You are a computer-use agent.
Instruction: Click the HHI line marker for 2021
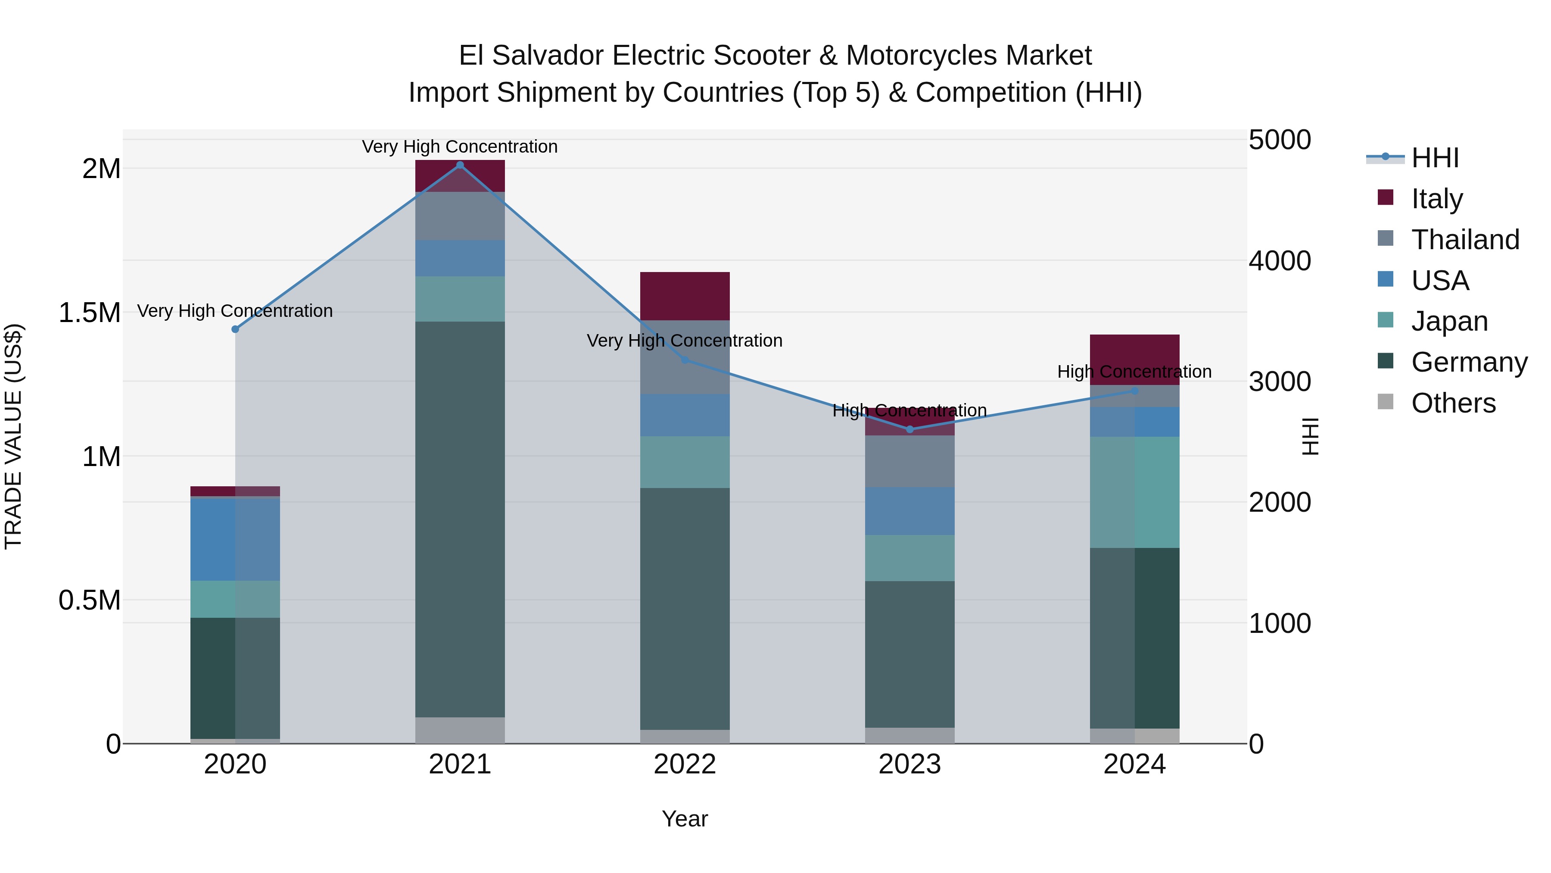click(460, 165)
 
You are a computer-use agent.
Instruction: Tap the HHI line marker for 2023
click(910, 429)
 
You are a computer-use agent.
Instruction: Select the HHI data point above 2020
click(235, 329)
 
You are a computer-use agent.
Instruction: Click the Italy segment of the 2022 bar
click(685, 296)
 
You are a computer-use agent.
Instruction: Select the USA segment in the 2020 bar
click(235, 539)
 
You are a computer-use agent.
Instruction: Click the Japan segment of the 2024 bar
click(1134, 492)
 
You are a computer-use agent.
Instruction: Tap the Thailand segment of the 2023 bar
click(910, 461)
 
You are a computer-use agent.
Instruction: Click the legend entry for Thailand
click(1464, 240)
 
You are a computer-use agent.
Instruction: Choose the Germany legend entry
click(1469, 362)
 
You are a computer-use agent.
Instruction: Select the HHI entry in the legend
click(1434, 158)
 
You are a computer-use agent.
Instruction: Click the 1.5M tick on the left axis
click(90, 313)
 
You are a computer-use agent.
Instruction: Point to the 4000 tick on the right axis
click(1280, 261)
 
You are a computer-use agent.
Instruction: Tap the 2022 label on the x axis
click(685, 764)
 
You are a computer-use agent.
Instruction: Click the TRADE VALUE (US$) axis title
click(13, 436)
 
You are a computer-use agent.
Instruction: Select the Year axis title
click(685, 819)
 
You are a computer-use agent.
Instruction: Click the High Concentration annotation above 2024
click(1134, 372)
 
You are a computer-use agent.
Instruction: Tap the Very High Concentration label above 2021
click(460, 147)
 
